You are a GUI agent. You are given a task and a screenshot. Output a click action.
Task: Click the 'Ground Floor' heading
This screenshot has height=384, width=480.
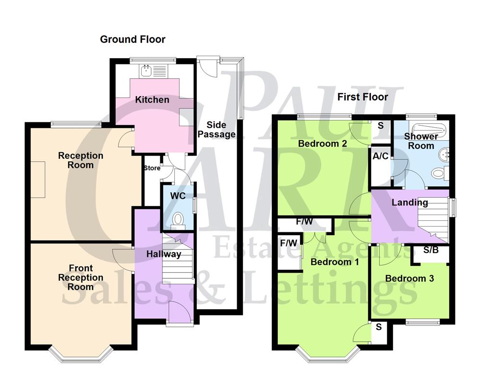(x=132, y=39)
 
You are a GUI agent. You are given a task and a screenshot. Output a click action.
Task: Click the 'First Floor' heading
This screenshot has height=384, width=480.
(x=362, y=97)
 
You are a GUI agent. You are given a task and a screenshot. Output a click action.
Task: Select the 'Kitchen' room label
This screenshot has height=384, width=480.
(x=152, y=100)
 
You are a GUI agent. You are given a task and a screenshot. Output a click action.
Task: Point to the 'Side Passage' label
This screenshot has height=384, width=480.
(x=217, y=130)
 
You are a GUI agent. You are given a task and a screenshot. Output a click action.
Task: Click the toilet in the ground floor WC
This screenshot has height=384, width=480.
(x=178, y=220)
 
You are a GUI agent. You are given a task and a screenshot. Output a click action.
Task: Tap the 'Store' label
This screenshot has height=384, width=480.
(x=152, y=168)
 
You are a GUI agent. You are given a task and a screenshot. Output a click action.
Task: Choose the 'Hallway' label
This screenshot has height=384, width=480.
(x=164, y=254)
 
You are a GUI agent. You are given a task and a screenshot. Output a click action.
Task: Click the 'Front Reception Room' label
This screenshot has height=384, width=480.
(x=81, y=277)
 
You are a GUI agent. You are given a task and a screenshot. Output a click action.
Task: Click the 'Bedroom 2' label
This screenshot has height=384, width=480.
(x=323, y=144)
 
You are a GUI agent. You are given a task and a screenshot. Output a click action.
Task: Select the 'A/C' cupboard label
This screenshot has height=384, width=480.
(x=381, y=156)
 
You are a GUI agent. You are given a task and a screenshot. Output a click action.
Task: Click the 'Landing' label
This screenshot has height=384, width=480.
(x=409, y=203)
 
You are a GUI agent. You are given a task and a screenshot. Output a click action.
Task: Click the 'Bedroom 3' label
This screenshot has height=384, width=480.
(x=409, y=278)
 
